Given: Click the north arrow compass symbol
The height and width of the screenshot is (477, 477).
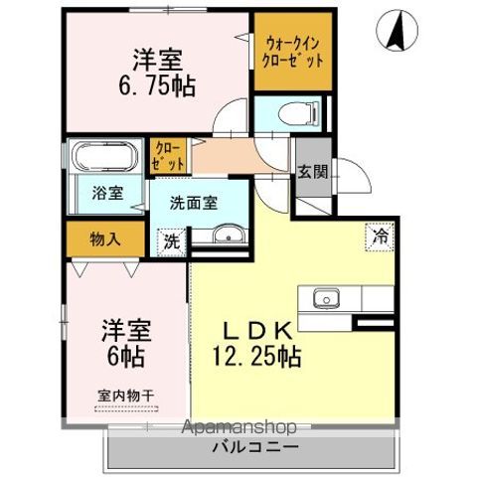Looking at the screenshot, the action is click(397, 30).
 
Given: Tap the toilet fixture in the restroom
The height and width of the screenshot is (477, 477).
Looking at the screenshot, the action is click(299, 114).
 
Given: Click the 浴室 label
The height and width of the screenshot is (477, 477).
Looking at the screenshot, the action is click(107, 193).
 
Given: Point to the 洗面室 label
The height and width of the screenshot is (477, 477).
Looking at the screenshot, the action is click(194, 203).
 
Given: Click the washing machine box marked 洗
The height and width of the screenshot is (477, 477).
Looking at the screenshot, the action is click(171, 241).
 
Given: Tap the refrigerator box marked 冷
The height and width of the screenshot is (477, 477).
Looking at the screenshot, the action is click(380, 237).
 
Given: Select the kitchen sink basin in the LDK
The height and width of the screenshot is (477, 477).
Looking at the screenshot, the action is click(327, 297).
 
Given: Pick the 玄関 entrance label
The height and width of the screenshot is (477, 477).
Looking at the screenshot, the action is click(312, 172).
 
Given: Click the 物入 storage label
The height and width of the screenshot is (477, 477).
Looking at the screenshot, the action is click(105, 239).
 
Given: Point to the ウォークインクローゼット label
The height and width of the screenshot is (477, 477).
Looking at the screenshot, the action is click(292, 52).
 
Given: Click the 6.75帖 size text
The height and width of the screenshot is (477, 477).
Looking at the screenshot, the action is click(157, 86).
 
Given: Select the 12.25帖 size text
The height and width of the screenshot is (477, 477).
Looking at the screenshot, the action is click(256, 356).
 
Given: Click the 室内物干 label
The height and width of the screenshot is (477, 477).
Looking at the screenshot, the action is click(126, 396).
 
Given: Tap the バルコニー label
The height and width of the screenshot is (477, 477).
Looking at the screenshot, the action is click(255, 447).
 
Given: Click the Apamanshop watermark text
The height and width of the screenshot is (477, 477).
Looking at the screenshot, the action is click(239, 427).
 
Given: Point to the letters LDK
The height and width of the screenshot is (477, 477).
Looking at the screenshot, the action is click(257, 331).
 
